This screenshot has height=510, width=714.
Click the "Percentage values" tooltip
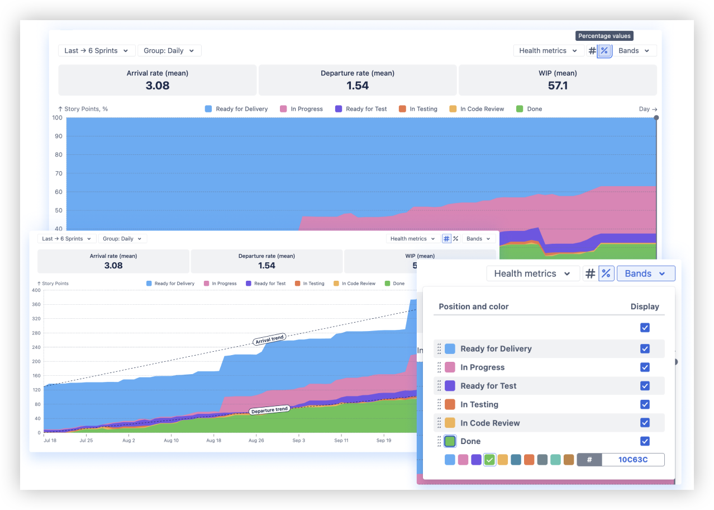pos(604,36)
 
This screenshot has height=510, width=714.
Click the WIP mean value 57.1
pos(558,86)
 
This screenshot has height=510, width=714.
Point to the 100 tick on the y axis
pos(58,117)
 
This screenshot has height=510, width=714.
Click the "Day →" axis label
pos(648,109)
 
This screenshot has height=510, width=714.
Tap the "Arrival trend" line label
pos(269,339)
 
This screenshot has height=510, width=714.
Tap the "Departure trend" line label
pos(269,410)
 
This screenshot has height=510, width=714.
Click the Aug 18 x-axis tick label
pos(213,441)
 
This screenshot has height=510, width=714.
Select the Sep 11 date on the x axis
pos(341,441)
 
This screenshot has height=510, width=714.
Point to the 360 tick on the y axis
pos(36,305)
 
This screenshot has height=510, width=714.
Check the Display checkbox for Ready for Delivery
pos(645,348)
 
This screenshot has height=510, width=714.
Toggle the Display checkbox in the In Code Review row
pos(645,423)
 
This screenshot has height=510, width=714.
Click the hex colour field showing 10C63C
pos(632,460)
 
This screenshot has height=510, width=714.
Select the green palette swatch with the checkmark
pos(489,460)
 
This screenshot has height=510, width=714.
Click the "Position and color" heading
pos(473,306)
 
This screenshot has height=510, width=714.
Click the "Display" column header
pos(644,306)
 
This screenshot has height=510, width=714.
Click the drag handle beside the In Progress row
pos(439,367)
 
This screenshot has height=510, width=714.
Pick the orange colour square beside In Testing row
pos(450,404)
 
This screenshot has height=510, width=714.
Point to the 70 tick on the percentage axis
pos(58,173)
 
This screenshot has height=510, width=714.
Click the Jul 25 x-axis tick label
pos(86,441)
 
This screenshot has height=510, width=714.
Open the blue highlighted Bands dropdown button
pos(645,273)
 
